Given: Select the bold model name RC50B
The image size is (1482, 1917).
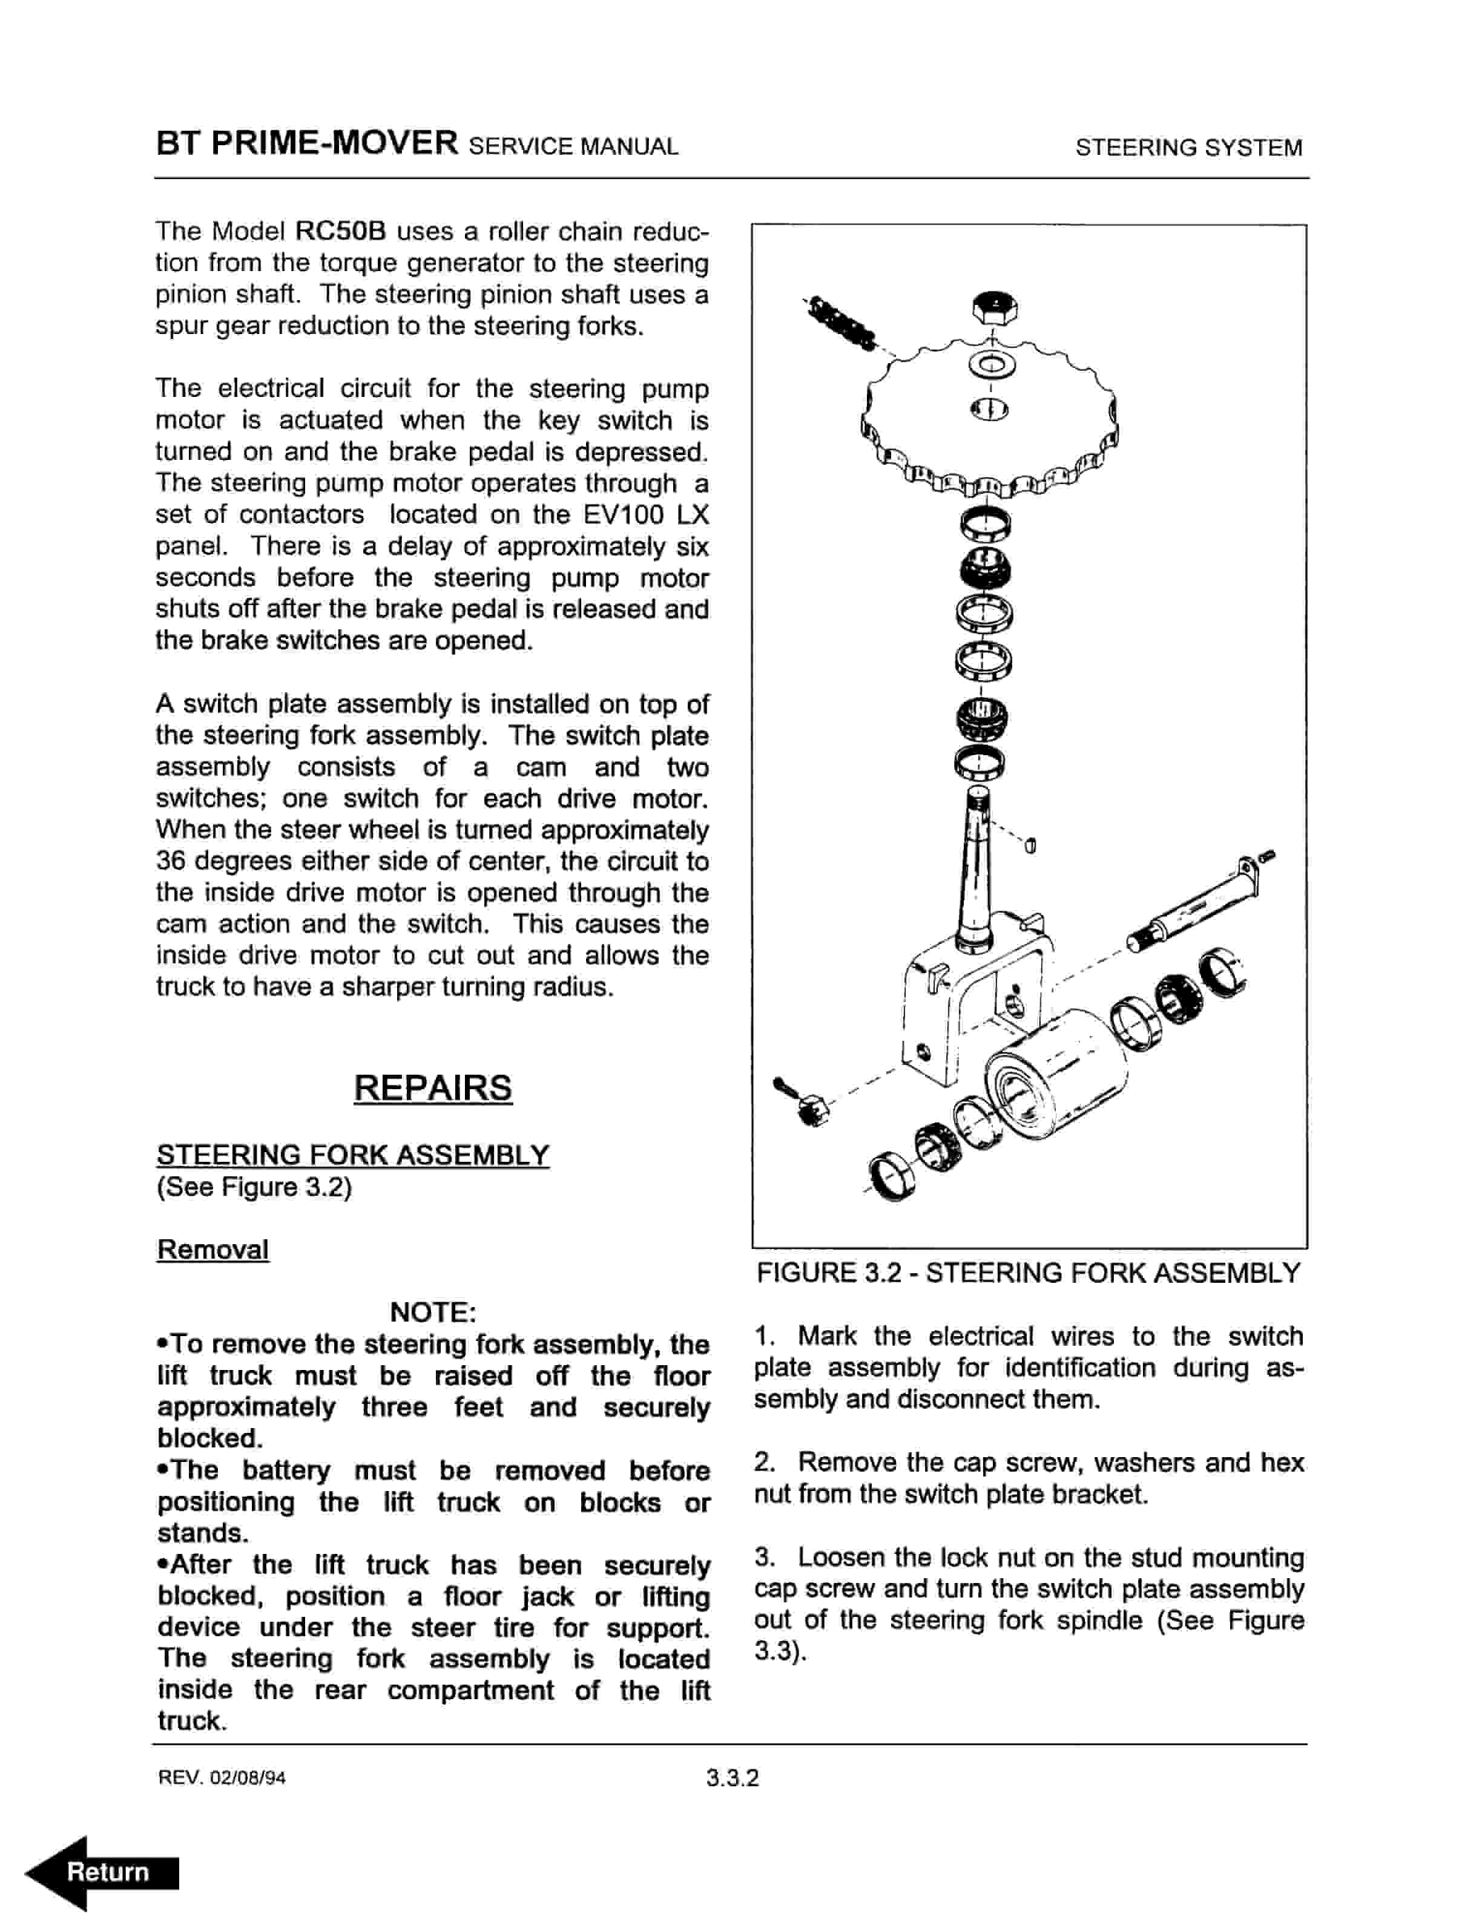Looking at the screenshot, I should tap(341, 232).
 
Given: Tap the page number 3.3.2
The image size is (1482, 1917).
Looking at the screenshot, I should tap(732, 1778).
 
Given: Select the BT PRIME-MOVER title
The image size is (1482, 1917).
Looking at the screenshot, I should tap(308, 143).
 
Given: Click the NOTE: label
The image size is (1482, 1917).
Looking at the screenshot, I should tap(433, 1312).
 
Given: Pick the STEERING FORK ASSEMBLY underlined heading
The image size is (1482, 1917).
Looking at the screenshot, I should tap(353, 1155).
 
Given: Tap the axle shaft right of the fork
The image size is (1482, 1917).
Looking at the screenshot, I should tap(1194, 913).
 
